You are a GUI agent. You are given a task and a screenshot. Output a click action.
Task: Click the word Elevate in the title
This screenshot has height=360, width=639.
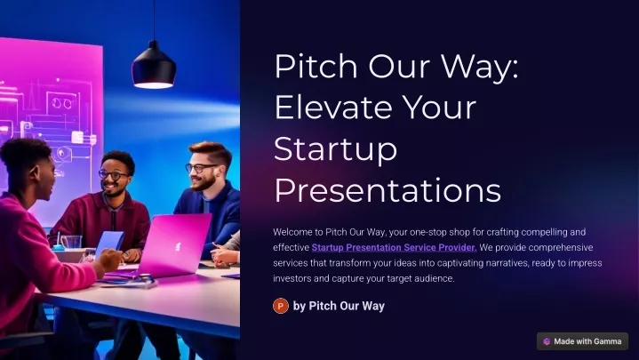tap(334, 108)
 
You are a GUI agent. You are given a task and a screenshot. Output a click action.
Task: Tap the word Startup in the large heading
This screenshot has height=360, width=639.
tap(335, 150)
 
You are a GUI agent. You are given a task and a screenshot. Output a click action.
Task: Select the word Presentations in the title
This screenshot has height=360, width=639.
tap(387, 190)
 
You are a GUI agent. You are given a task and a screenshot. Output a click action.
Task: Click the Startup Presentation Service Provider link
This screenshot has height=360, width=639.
tap(394, 247)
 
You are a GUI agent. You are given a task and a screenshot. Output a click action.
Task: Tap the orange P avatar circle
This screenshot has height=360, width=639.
tap(280, 306)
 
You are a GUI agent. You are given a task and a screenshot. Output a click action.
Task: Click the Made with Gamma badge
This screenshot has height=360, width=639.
tap(582, 341)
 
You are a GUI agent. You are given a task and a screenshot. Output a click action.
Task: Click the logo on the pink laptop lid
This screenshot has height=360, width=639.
tap(178, 246)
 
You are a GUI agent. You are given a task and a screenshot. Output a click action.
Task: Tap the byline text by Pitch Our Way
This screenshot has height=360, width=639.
tap(339, 306)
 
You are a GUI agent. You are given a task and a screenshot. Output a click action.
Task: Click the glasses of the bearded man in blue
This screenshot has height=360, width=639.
tap(201, 168)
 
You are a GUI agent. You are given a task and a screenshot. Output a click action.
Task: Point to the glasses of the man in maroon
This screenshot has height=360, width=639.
tap(113, 175)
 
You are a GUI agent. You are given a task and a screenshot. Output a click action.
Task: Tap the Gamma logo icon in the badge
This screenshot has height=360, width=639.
tap(547, 341)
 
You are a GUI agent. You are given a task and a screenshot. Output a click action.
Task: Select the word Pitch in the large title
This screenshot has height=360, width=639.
tap(316, 65)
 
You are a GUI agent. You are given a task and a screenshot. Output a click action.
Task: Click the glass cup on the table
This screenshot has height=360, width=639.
tap(72, 242)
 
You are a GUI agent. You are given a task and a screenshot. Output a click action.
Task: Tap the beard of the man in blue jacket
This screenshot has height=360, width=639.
tap(203, 182)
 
